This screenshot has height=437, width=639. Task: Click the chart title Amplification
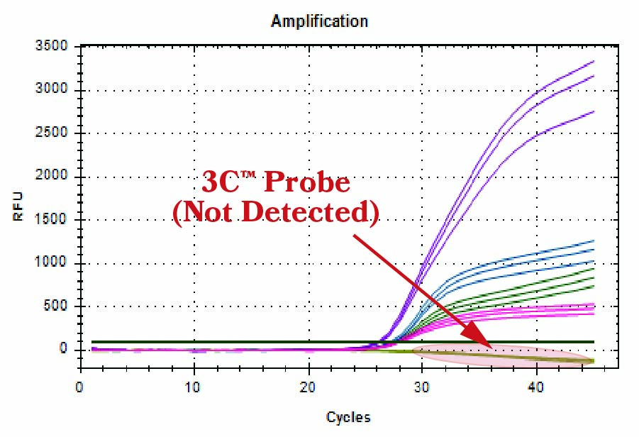tap(319, 21)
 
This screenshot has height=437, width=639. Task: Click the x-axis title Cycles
tap(348, 417)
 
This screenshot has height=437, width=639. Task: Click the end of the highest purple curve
tap(593, 62)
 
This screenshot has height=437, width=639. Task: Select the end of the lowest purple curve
tap(593, 111)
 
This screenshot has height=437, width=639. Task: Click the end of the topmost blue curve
tap(593, 241)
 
